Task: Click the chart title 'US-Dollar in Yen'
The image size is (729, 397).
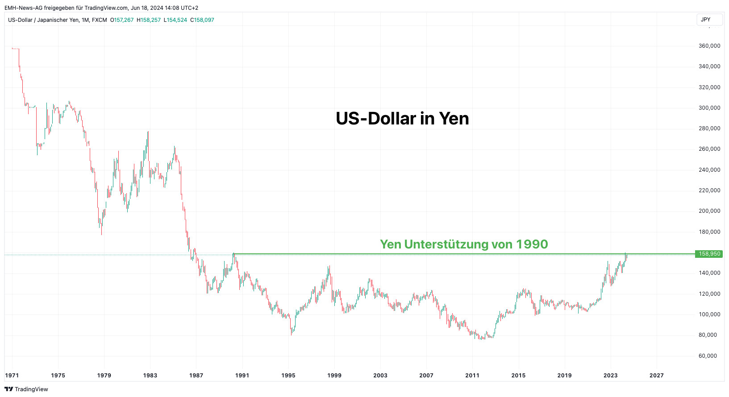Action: click(x=402, y=119)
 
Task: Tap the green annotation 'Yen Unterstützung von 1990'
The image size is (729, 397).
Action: click(x=464, y=244)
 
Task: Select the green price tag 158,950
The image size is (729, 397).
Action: click(x=709, y=254)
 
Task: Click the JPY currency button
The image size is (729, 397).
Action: click(x=706, y=20)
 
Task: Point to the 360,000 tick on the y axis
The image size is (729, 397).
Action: click(x=709, y=46)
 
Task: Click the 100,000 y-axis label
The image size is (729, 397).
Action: click(x=709, y=314)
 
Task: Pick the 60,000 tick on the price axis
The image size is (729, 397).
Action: click(x=709, y=356)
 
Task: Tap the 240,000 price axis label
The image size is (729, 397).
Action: click(x=709, y=170)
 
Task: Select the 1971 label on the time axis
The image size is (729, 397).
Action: click(x=12, y=376)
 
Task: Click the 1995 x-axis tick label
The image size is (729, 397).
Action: click(x=288, y=376)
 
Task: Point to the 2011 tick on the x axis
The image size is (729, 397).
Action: click(x=472, y=376)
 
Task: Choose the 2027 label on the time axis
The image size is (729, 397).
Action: click(x=656, y=376)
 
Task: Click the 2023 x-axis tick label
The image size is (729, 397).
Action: click(x=610, y=376)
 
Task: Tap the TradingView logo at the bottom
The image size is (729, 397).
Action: click(x=26, y=389)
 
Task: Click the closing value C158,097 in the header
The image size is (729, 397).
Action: click(x=202, y=20)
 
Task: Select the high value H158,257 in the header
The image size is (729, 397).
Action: click(x=149, y=20)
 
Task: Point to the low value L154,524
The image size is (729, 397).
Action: click(x=175, y=20)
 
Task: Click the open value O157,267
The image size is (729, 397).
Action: click(x=122, y=20)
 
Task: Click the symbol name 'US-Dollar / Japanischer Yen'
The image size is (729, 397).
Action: click(x=43, y=20)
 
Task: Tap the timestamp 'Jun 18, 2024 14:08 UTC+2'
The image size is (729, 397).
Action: click(x=164, y=8)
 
